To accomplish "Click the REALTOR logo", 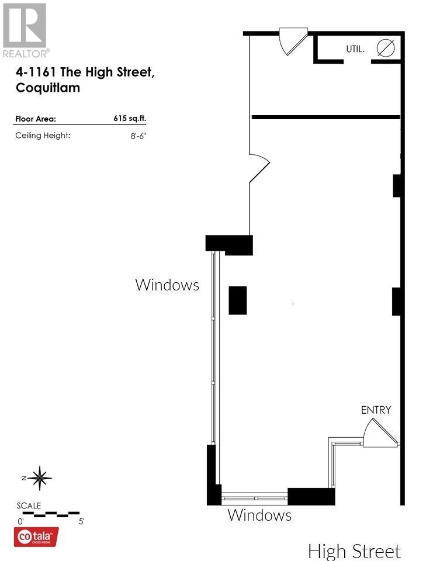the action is (25, 30).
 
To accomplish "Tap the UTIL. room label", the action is (355, 49).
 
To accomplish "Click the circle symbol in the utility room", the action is (386, 48).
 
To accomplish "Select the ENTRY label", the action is (376, 410).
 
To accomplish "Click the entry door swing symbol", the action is (379, 433).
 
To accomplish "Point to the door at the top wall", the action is (293, 41).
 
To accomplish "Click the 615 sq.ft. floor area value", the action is (130, 119).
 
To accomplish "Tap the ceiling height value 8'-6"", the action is (138, 136).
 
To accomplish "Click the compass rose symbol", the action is (39, 478).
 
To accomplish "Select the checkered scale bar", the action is (51, 514).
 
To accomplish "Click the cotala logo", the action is (36, 537).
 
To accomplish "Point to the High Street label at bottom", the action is (354, 551).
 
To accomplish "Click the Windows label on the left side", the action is (167, 285).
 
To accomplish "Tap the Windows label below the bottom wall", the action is (259, 515).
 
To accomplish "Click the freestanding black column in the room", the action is (238, 300).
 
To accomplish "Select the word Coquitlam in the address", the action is (48, 88).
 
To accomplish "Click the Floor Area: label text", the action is (36, 119).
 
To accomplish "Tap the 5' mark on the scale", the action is (82, 521).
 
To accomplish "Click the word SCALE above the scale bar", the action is (29, 505).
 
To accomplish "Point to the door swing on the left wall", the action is (259, 168).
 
